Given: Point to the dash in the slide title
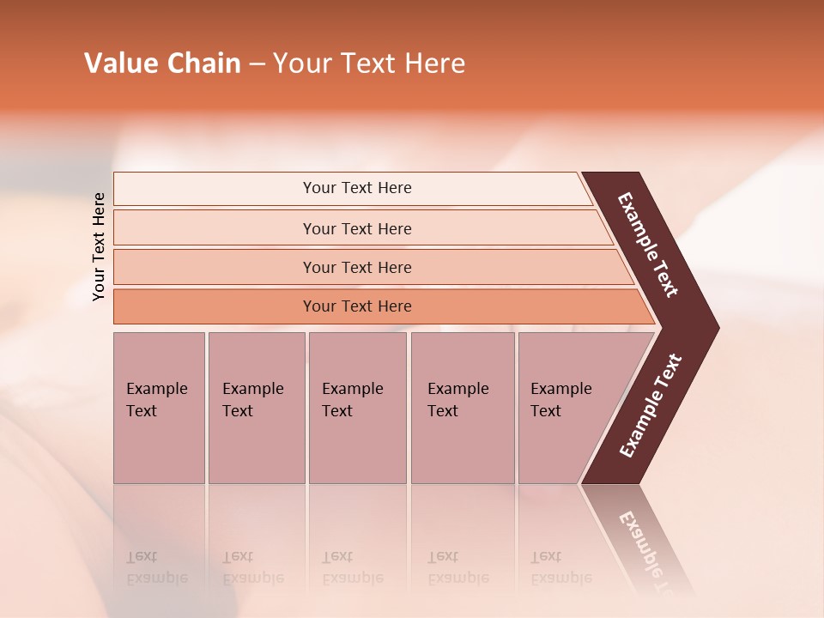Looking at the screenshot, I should click(257, 64).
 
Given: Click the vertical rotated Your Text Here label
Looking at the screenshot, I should click(99, 246).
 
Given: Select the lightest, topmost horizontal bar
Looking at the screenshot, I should click(357, 188).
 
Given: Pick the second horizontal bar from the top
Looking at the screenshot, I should click(357, 228).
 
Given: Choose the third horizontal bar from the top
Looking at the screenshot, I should click(357, 267).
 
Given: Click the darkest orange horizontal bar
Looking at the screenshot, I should click(357, 306).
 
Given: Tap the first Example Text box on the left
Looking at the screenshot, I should click(159, 407).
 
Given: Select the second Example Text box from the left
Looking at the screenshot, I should click(256, 407).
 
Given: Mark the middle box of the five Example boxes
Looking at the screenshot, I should click(357, 407).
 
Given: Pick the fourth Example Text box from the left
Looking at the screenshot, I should click(463, 407).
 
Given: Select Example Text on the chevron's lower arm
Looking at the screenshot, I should click(651, 406).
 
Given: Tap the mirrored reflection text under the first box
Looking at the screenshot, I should click(156, 567).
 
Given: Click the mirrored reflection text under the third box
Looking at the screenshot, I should click(352, 567).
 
